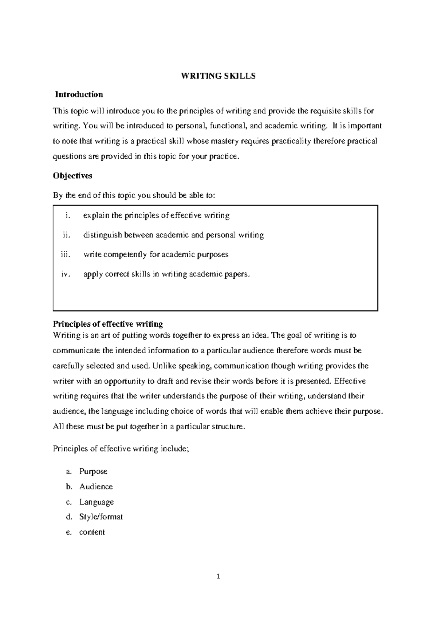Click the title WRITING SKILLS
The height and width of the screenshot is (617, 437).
pyautogui.click(x=219, y=76)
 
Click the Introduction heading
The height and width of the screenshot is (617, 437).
pyautogui.click(x=79, y=95)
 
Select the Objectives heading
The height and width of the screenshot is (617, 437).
pyautogui.click(x=72, y=176)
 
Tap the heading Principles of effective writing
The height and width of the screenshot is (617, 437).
pyautogui.click(x=108, y=324)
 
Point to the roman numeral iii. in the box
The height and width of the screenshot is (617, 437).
pyautogui.click(x=64, y=254)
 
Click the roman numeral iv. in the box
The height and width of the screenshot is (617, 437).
pyautogui.click(x=65, y=274)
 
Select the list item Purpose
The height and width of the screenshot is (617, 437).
pyautogui.click(x=93, y=471)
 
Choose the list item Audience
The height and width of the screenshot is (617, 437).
pyautogui.click(x=96, y=487)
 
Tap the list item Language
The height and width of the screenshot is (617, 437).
pyautogui.click(x=97, y=502)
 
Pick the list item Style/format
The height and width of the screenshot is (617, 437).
pyautogui.click(x=101, y=517)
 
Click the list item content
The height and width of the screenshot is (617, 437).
pyautogui.click(x=92, y=532)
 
